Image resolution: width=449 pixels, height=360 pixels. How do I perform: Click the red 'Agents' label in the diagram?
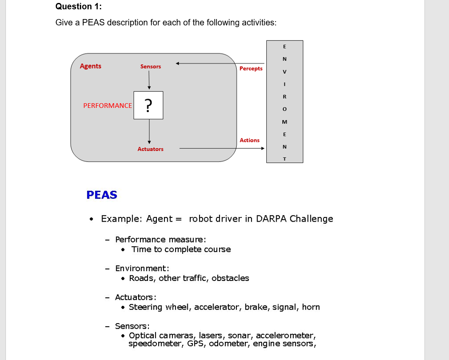[90, 66]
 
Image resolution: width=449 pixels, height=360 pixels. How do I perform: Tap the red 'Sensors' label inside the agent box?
[151, 66]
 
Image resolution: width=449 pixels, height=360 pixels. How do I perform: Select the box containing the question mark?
[148, 105]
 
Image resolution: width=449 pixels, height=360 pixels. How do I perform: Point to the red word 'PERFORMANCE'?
[107, 105]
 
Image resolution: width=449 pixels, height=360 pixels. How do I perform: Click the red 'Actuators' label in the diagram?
[150, 149]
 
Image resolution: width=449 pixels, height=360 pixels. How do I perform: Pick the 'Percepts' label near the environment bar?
[251, 69]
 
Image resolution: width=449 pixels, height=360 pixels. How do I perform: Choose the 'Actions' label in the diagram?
[249, 140]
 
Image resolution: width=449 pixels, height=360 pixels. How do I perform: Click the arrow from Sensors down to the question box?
[149, 80]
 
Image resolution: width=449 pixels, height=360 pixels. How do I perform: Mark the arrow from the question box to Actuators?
[149, 132]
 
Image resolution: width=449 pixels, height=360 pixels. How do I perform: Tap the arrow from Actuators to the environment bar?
[222, 148]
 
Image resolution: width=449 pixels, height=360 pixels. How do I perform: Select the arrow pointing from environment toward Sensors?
[220, 63]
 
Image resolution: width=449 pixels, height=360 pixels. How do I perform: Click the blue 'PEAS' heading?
[101, 195]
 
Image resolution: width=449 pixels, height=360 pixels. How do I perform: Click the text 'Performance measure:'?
[161, 239]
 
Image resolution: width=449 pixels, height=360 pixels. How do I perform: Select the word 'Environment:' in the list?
[142, 268]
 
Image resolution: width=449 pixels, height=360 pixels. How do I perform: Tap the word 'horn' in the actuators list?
[311, 307]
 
